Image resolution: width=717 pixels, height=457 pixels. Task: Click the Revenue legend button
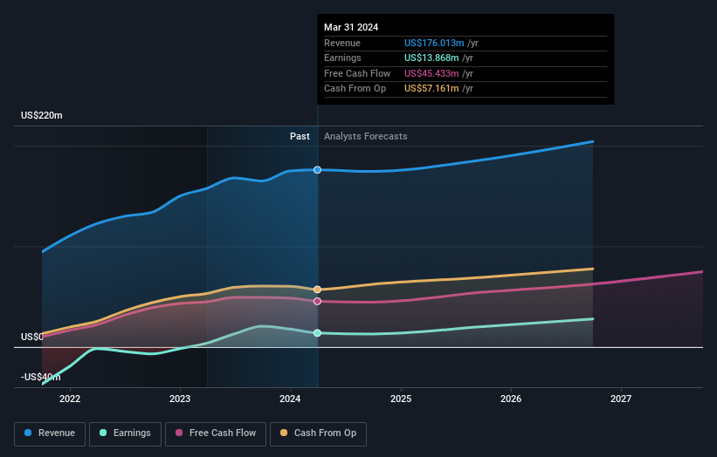pyautogui.click(x=50, y=433)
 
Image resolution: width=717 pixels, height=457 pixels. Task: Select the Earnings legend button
pyautogui.click(x=124, y=433)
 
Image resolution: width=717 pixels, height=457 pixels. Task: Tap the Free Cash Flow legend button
pyautogui.click(x=217, y=433)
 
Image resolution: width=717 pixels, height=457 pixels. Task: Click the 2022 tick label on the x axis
pyautogui.click(x=70, y=399)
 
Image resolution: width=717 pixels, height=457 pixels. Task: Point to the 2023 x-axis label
pyautogui.click(x=180, y=399)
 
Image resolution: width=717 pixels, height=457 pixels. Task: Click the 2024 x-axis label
pyautogui.click(x=290, y=399)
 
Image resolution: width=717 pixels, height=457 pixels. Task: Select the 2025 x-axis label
pyautogui.click(x=401, y=399)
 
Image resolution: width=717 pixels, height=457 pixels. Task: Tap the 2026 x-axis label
pyautogui.click(x=511, y=399)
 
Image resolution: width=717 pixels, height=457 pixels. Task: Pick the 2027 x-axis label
pyautogui.click(x=621, y=399)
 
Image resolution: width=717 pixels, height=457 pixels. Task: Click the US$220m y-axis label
pyautogui.click(x=42, y=116)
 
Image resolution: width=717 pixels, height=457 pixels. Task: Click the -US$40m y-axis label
pyautogui.click(x=41, y=377)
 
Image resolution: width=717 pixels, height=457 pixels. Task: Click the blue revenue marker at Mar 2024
pyautogui.click(x=318, y=169)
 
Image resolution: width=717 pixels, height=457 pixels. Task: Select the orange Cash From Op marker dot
pyautogui.click(x=318, y=289)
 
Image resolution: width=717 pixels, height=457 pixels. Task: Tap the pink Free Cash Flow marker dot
pyautogui.click(x=318, y=301)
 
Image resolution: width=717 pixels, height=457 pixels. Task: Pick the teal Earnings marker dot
pyautogui.click(x=318, y=333)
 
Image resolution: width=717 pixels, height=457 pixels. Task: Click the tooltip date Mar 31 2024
pyautogui.click(x=351, y=28)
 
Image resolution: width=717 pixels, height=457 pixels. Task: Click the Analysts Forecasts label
pyautogui.click(x=365, y=136)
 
